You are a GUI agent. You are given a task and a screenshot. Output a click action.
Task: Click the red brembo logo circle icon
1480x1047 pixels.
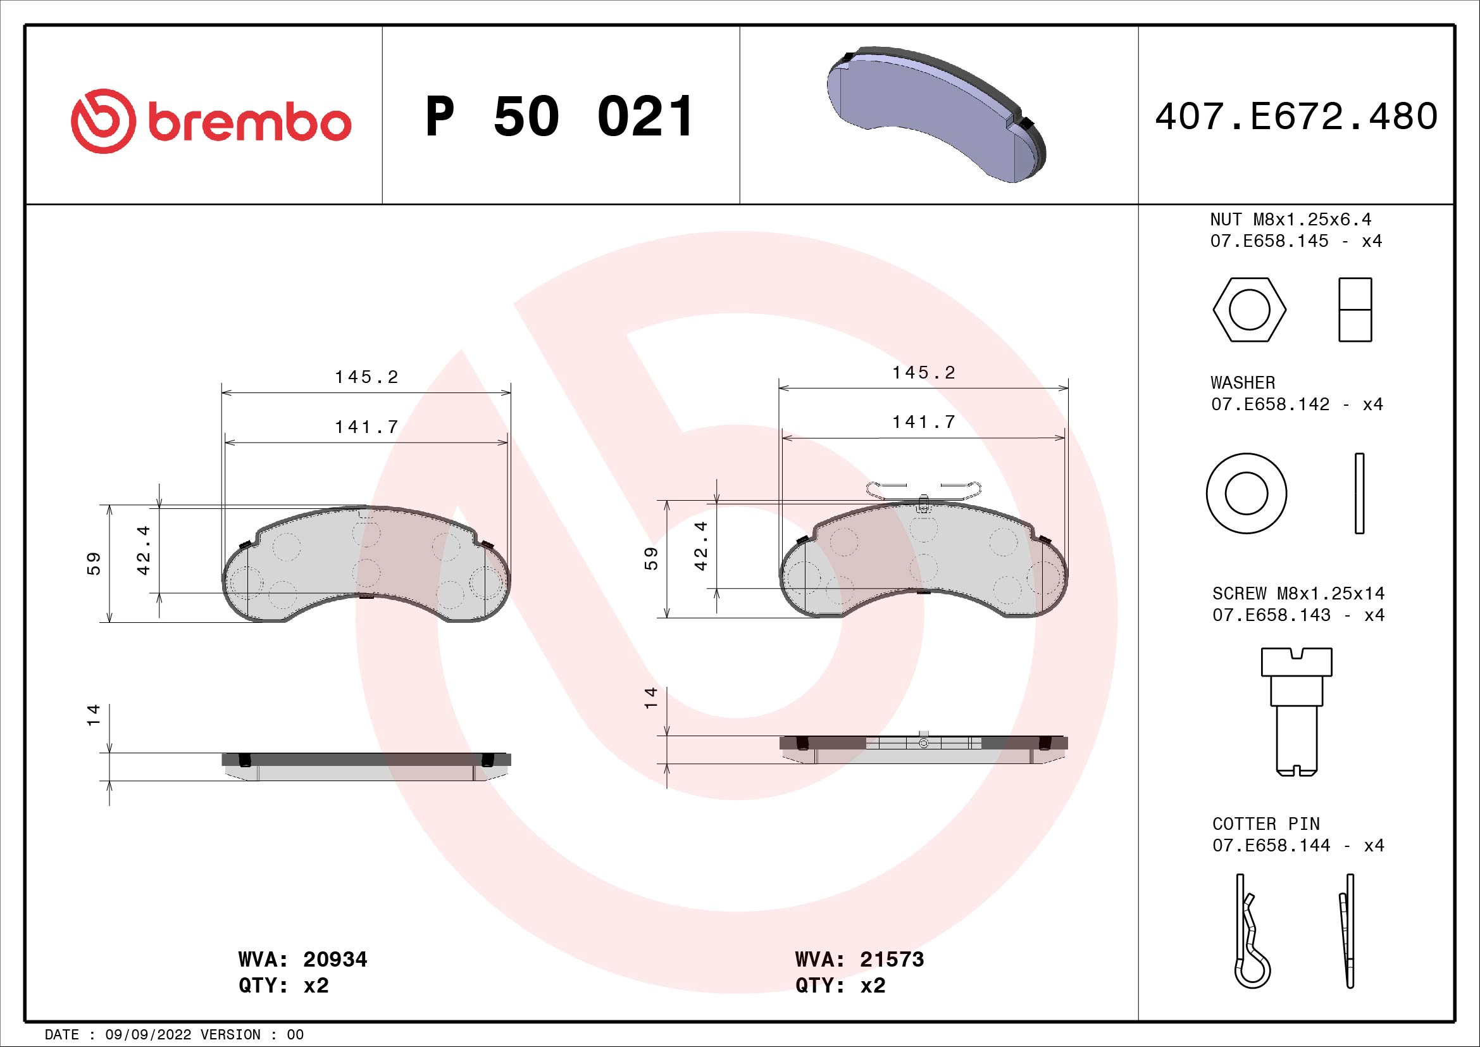[x=103, y=121]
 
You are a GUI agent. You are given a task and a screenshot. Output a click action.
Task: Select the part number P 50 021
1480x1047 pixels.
[x=559, y=117]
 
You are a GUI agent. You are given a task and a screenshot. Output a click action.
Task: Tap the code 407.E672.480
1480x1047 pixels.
[x=1296, y=116]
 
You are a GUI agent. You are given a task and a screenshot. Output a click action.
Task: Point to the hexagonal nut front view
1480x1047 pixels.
[x=1249, y=310]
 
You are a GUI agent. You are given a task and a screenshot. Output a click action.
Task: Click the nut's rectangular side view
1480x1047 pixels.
[x=1355, y=310]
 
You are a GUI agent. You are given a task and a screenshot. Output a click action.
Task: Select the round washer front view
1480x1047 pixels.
[x=1246, y=493]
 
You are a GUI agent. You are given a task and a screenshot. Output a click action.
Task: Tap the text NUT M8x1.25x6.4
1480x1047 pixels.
[x=1290, y=219]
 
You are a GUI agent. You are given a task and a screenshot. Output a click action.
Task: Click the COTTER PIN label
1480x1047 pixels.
[x=1265, y=824]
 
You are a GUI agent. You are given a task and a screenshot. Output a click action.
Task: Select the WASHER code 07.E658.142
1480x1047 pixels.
[x=1270, y=404]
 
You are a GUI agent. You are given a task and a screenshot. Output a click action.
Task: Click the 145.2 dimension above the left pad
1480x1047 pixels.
[x=366, y=377]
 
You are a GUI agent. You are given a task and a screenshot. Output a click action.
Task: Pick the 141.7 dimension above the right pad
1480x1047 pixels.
[x=923, y=422]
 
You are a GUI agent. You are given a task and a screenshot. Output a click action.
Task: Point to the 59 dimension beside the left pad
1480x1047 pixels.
[x=94, y=563]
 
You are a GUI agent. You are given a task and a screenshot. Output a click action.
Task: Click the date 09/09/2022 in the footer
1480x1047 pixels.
[x=148, y=1035]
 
